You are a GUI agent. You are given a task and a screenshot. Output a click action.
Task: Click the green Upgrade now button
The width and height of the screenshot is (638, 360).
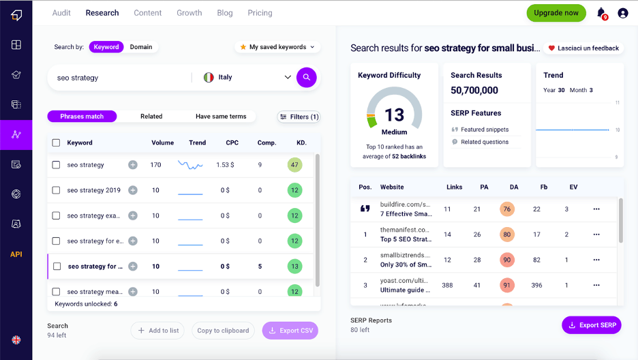click(556, 13)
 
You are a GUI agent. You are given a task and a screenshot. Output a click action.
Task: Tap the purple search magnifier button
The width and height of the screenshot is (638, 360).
click(307, 77)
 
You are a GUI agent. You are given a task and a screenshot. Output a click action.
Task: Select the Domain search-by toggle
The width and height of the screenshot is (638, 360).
click(141, 47)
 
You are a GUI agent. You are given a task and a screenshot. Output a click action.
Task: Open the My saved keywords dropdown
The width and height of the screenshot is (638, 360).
click(277, 47)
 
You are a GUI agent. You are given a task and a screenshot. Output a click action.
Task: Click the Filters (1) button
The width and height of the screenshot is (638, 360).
click(299, 117)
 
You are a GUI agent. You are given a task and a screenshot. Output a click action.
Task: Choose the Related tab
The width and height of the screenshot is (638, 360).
click(151, 117)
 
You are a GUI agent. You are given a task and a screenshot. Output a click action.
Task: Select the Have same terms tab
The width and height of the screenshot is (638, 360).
click(221, 117)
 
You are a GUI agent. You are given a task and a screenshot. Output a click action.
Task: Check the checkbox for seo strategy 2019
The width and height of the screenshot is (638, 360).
click(57, 190)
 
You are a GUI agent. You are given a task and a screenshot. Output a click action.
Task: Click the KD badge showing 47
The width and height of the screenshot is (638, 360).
click(294, 165)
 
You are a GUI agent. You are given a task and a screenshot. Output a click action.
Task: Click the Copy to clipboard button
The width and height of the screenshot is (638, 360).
click(223, 331)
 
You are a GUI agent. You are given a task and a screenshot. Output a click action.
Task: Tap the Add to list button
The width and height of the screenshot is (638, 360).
click(158, 331)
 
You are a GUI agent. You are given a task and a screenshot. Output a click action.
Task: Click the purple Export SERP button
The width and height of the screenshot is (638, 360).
click(591, 325)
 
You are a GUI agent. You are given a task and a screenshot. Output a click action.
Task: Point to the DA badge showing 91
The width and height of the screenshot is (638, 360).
click(506, 285)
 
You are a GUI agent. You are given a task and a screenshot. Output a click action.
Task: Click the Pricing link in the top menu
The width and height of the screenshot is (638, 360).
click(260, 13)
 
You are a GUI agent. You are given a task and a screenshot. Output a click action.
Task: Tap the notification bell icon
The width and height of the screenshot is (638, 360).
click(601, 13)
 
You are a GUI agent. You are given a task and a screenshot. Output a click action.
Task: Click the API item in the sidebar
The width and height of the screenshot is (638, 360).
click(16, 254)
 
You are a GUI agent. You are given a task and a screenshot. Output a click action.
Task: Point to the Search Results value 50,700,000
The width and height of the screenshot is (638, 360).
click(474, 90)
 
